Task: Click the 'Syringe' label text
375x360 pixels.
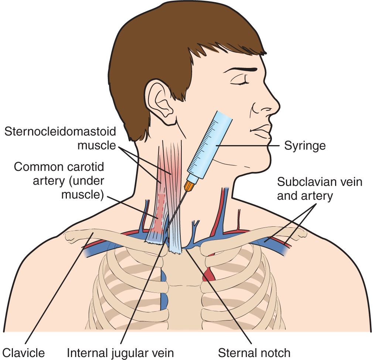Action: coord(305,145)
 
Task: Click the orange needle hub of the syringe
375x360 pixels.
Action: coord(190,186)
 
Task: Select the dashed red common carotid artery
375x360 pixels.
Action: coord(160,215)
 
